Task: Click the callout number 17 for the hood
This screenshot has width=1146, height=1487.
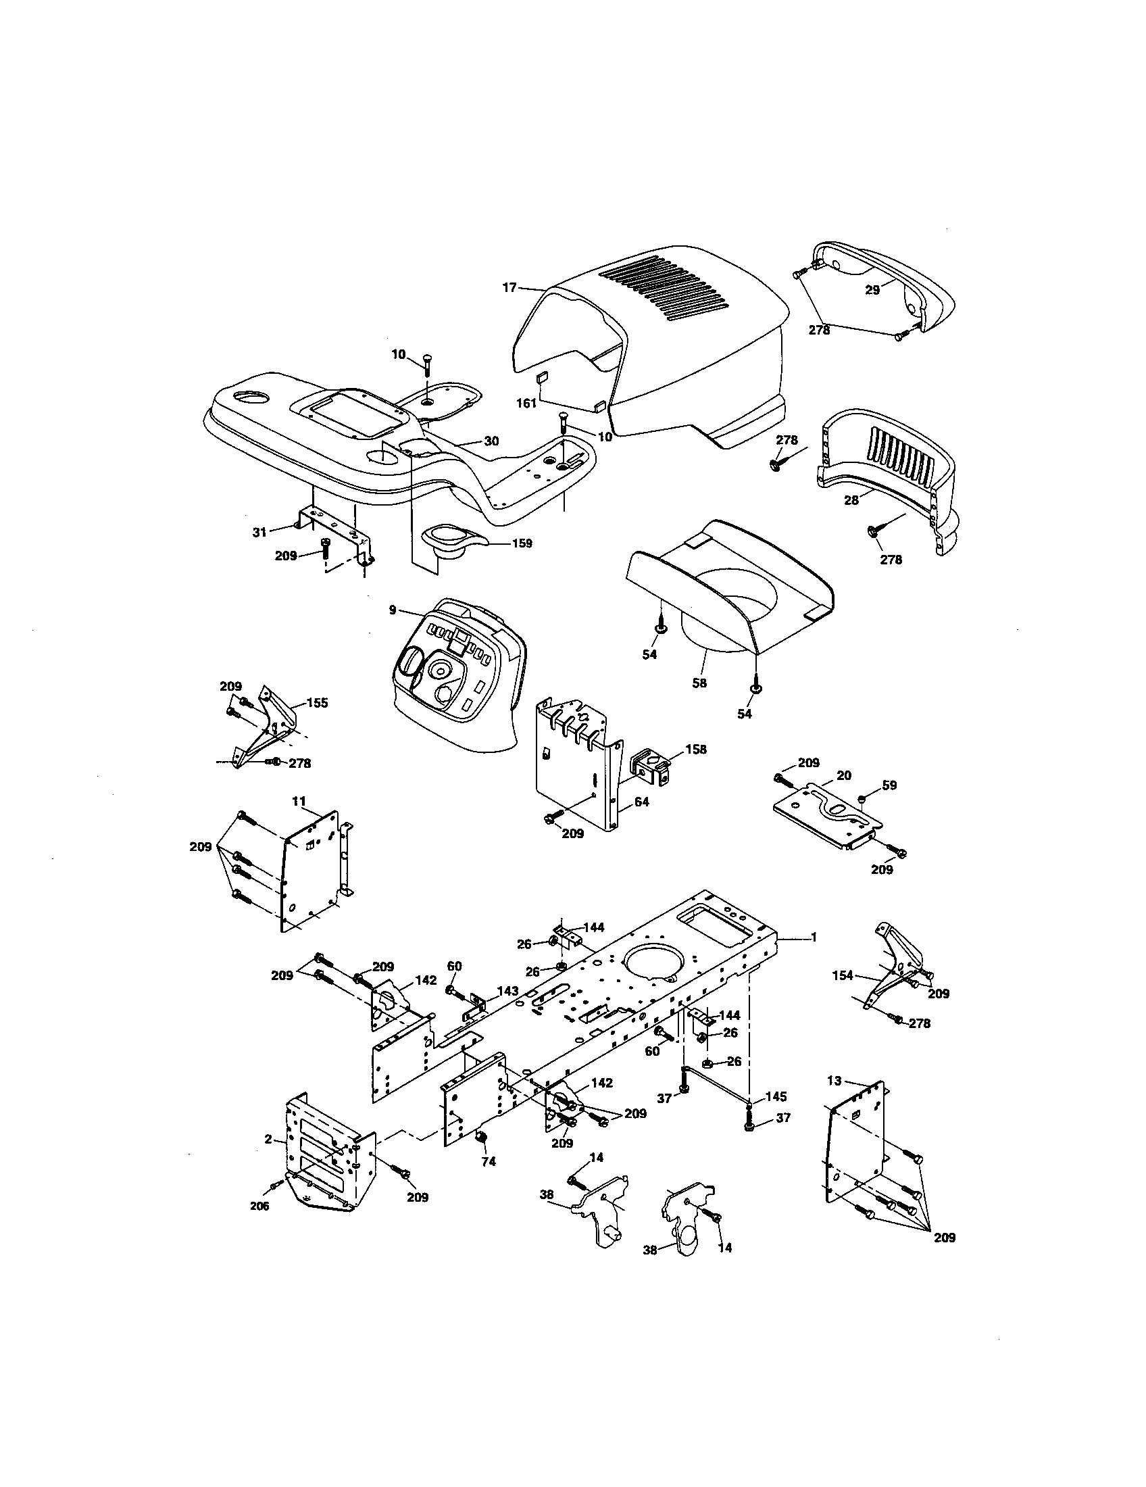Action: [509, 288]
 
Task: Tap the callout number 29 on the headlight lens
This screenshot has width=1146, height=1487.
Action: [872, 289]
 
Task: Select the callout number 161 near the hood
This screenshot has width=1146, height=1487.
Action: [526, 403]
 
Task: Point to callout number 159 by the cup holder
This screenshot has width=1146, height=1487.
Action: [522, 543]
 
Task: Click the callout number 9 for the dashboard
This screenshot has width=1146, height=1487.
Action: [393, 610]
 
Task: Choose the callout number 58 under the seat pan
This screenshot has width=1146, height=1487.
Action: [699, 683]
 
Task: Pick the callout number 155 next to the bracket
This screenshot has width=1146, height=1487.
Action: [317, 703]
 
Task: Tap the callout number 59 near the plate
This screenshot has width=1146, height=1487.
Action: [889, 785]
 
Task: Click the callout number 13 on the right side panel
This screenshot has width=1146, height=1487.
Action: [834, 1081]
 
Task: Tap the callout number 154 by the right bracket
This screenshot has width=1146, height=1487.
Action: [843, 975]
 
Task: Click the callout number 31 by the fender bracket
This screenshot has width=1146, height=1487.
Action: [259, 533]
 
